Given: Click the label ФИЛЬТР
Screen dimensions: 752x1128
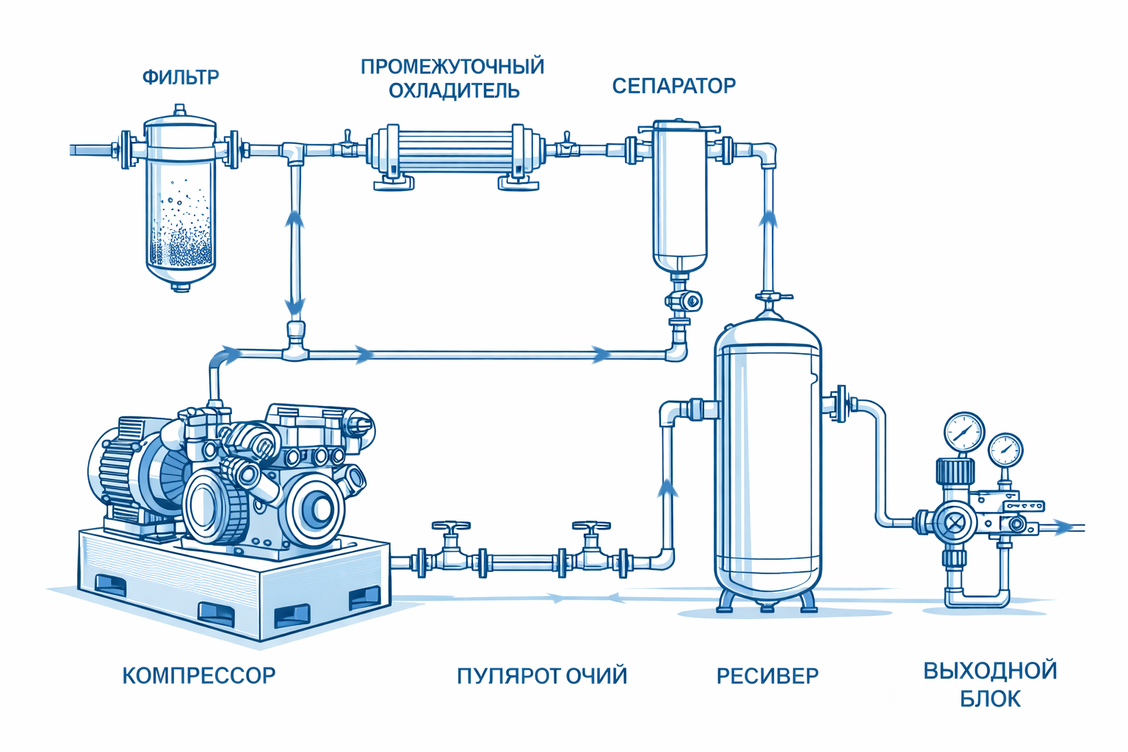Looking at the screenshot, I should click(181, 77).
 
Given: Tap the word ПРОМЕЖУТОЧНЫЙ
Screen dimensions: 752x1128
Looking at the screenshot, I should click(452, 67).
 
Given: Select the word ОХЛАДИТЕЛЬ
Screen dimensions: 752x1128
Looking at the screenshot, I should click(454, 91).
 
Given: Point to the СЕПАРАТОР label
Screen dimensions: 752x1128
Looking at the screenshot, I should click(673, 86).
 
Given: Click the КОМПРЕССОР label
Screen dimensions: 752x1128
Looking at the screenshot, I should click(198, 676).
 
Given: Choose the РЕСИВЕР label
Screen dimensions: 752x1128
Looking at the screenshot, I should click(767, 676).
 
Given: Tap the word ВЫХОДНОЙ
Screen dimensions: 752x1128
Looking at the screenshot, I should click(990, 670).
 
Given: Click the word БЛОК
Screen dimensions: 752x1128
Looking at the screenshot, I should click(990, 698).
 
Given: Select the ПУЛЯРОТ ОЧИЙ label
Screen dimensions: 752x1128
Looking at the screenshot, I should click(542, 676).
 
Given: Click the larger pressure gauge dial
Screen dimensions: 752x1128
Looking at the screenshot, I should click(963, 432).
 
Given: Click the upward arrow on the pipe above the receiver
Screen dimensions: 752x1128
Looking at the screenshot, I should click(768, 219).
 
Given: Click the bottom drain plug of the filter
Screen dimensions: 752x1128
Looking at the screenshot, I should click(181, 286).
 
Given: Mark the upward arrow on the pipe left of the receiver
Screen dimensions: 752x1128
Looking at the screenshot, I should click(668, 488).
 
